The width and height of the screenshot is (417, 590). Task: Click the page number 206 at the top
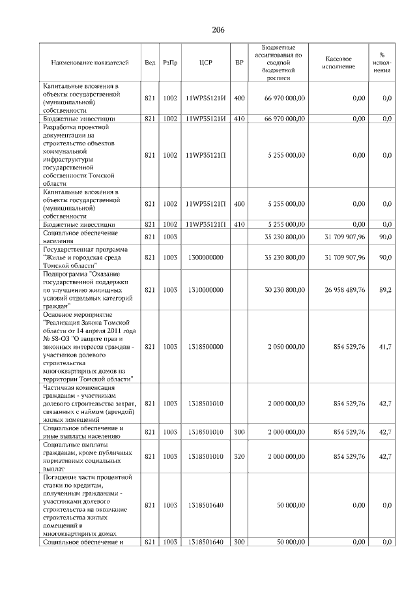(218, 30)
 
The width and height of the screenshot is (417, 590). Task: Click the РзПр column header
(170, 63)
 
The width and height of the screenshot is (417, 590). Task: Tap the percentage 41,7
(385, 347)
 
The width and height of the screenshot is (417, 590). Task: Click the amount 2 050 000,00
(286, 347)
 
